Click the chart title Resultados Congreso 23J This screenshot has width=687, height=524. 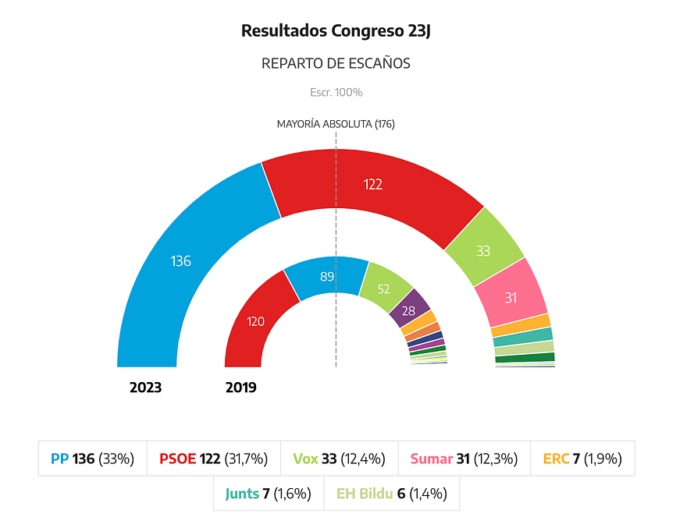336,31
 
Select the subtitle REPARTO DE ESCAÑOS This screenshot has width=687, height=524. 336,63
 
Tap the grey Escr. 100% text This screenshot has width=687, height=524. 336,92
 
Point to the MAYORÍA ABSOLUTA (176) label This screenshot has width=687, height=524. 336,124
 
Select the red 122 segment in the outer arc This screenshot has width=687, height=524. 372,185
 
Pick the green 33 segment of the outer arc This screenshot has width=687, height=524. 483,251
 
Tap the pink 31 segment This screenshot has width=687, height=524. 511,298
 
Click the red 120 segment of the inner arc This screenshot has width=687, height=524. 255,322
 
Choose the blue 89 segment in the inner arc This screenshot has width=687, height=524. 327,277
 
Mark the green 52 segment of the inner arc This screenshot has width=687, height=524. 384,289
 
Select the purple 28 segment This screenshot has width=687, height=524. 409,310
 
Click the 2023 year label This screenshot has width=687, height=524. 145,388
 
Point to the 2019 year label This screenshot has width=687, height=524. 241,388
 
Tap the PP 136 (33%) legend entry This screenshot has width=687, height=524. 92,458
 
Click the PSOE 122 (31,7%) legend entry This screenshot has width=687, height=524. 213,458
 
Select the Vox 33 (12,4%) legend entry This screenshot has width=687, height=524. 339,458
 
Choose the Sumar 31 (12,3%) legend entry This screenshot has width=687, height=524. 464,458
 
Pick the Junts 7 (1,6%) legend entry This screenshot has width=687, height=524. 268,494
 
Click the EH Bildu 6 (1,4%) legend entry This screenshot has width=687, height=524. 392,494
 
